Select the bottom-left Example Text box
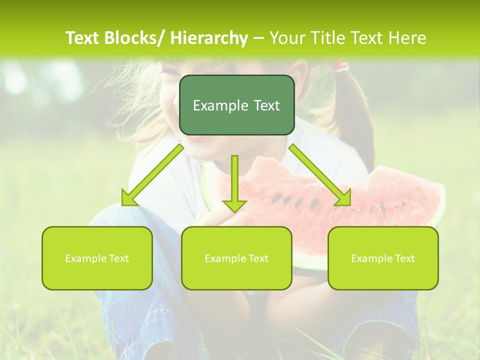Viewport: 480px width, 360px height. tap(97, 258)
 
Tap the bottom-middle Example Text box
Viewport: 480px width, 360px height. tap(236, 258)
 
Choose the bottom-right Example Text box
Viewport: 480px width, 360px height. tap(383, 258)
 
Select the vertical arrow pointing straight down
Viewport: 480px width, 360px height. tap(234, 182)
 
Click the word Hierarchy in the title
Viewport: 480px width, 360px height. tap(209, 38)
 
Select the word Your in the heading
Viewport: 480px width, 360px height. tap(287, 38)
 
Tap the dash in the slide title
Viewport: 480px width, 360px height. tap(258, 38)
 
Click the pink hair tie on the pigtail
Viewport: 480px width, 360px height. tap(342, 65)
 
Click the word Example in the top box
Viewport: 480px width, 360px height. tap(216, 105)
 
